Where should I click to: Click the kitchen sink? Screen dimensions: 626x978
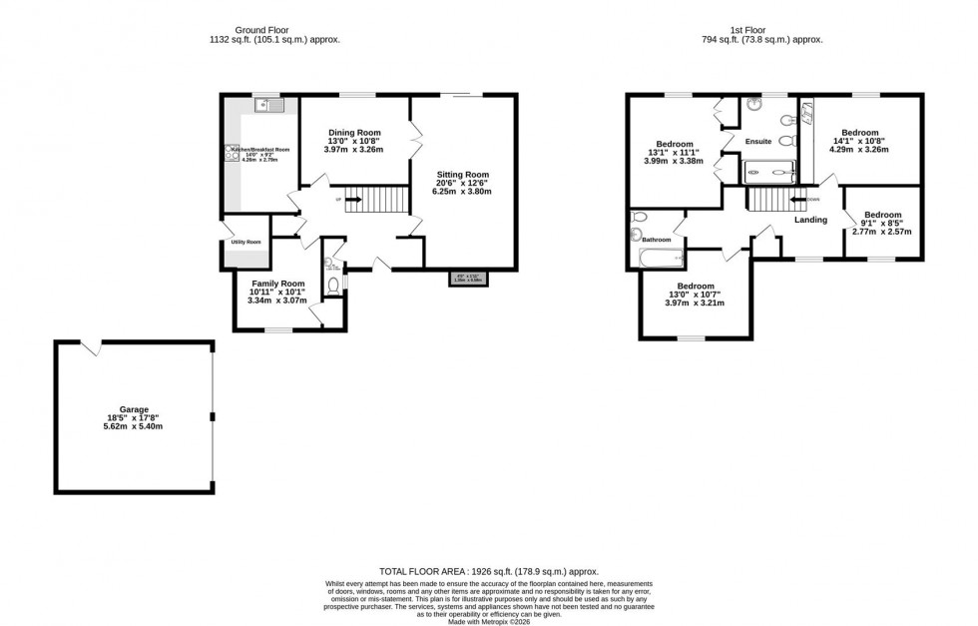(268, 104)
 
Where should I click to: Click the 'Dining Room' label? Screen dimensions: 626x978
(355, 133)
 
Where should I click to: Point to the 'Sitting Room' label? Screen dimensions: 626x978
(463, 174)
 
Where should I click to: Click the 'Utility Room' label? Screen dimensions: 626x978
(245, 242)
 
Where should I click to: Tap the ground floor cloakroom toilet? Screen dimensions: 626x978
(333, 285)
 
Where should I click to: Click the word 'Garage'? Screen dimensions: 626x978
(134, 408)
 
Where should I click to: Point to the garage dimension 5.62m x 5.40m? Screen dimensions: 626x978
(134, 426)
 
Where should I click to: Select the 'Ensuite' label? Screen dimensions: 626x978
(759, 142)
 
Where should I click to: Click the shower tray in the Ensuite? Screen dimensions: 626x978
(769, 173)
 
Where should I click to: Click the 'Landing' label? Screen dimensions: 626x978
(810, 220)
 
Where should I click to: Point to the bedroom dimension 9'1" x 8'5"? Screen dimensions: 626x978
(881, 224)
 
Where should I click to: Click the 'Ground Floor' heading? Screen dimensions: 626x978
(275, 29)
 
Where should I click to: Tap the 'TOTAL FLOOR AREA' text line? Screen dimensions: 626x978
(488, 571)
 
